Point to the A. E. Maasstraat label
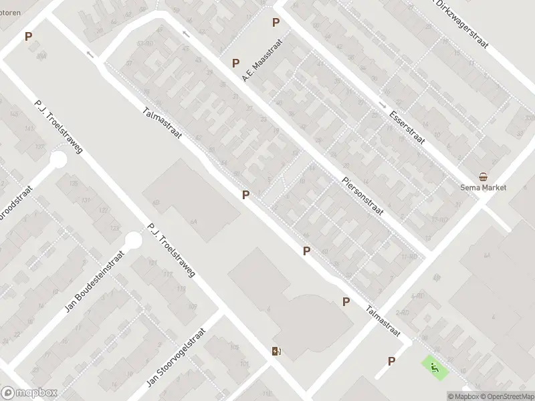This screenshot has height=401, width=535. [x=263, y=60]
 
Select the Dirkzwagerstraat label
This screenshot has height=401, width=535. [x=461, y=25]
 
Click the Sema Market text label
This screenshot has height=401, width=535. [x=483, y=188]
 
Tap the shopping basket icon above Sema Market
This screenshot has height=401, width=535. [x=483, y=176]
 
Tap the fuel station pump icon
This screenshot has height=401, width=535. [x=276, y=352]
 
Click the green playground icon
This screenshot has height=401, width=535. [x=434, y=366]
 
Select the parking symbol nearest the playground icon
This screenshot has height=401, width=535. [x=391, y=362]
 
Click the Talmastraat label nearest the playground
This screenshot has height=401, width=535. [x=383, y=321]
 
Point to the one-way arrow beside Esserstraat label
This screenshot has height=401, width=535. [x=381, y=105]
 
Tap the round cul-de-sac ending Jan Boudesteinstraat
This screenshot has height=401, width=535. [x=134, y=240]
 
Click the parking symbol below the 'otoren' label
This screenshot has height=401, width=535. [x=28, y=37]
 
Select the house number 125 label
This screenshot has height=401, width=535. [x=74, y=183]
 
